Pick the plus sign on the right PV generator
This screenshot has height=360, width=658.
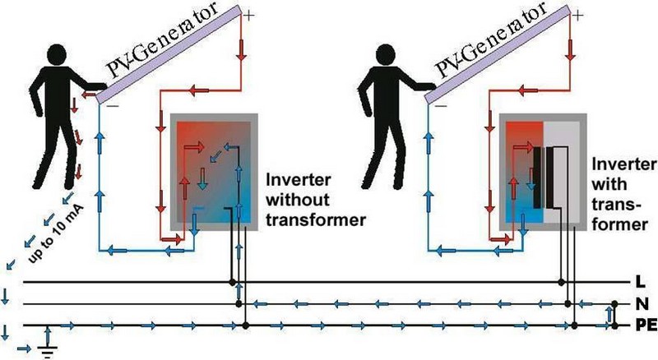pos(578,13)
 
